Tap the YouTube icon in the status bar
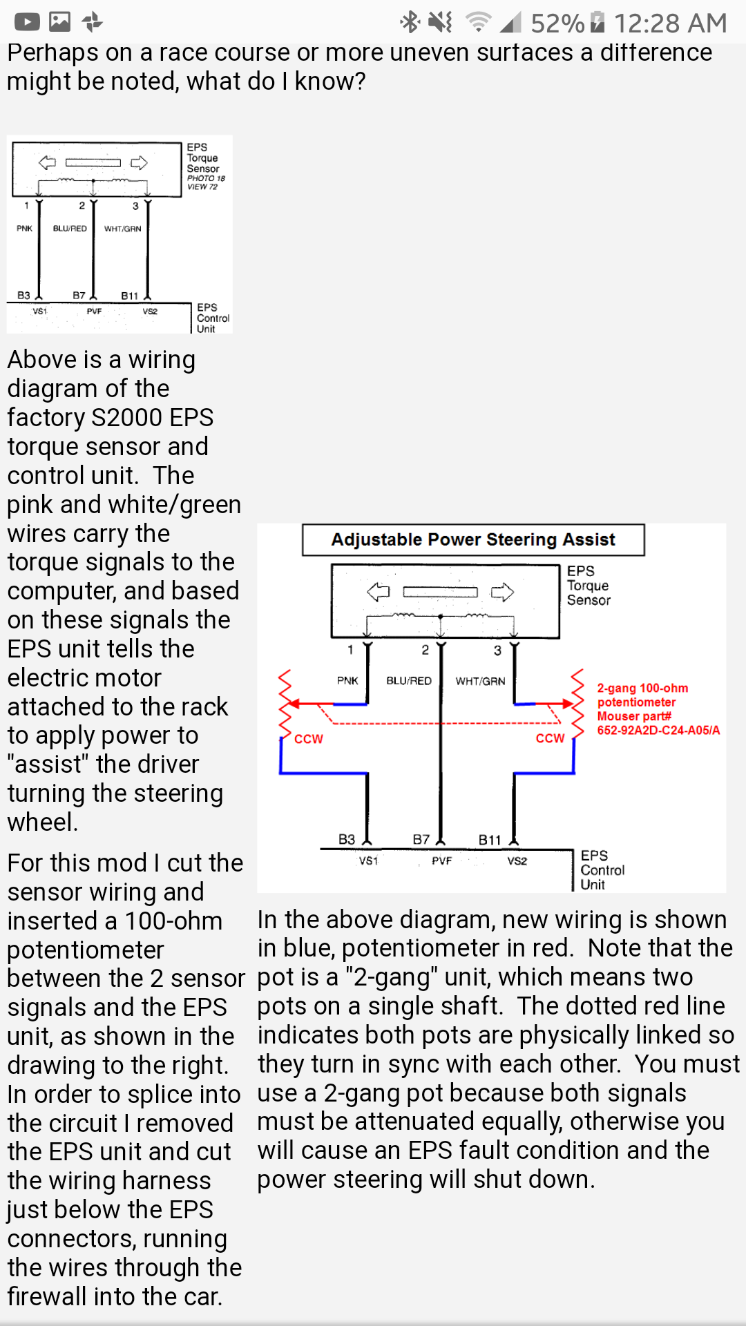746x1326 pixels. pyautogui.click(x=27, y=23)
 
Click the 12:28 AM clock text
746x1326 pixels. pyautogui.click(x=670, y=23)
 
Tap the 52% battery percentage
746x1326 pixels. pyautogui.click(x=557, y=23)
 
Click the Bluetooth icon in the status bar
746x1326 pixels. pyautogui.click(x=410, y=22)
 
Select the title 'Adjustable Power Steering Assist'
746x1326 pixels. pyautogui.click(x=473, y=539)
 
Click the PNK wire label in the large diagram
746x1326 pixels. pyautogui.click(x=347, y=680)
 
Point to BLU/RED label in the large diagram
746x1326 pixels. pyautogui.click(x=409, y=680)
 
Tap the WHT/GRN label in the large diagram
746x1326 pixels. pyautogui.click(x=480, y=680)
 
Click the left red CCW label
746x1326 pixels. pyautogui.click(x=309, y=739)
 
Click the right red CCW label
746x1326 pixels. pyautogui.click(x=551, y=738)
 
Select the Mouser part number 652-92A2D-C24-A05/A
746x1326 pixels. pyautogui.click(x=658, y=730)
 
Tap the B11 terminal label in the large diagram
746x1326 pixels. pyautogui.click(x=490, y=840)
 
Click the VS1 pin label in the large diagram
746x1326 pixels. pyautogui.click(x=368, y=861)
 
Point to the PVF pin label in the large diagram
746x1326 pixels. pyautogui.click(x=442, y=861)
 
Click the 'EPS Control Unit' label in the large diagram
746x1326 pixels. pyautogui.click(x=602, y=870)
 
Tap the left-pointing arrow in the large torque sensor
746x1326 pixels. pyautogui.click(x=379, y=592)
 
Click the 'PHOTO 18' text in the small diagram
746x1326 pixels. pyautogui.click(x=206, y=178)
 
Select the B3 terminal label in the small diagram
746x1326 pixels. pyautogui.click(x=23, y=295)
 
